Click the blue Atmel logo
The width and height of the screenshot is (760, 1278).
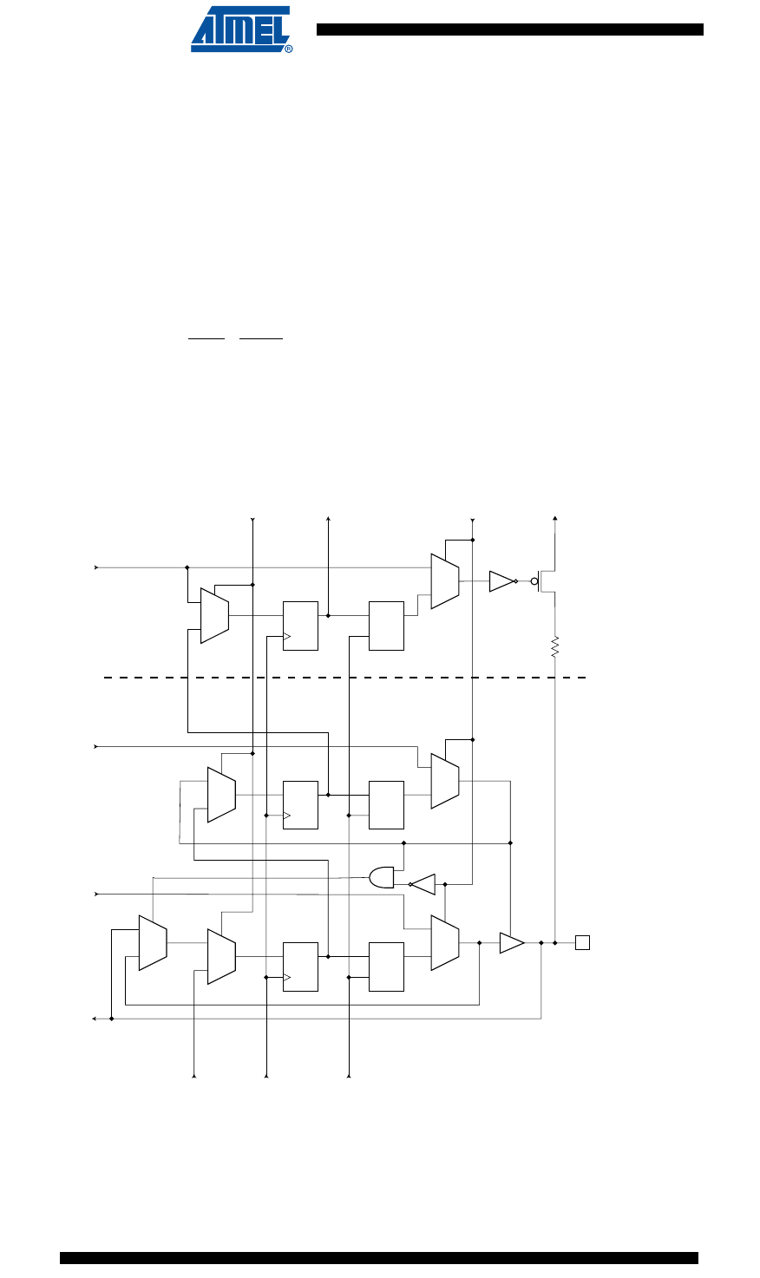(240, 29)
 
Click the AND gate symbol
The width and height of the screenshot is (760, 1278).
(382, 877)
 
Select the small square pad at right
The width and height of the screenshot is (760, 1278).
(582, 942)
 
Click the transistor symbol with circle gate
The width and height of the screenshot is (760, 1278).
(544, 581)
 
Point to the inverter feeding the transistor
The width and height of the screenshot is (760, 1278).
(501, 581)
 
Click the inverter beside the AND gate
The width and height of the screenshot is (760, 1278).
(423, 884)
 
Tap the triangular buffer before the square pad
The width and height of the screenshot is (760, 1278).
(511, 942)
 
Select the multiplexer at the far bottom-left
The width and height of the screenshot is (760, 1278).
(153, 942)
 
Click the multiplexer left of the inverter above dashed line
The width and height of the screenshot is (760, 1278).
(445, 580)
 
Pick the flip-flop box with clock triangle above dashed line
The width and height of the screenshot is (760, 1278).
(300, 625)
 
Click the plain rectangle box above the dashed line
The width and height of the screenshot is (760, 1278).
(386, 625)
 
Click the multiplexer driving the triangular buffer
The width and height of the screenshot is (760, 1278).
(445, 942)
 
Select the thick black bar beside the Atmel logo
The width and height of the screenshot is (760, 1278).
(509, 29)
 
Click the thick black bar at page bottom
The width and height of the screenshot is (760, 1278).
(379, 1257)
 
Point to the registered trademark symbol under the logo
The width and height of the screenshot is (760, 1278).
(289, 49)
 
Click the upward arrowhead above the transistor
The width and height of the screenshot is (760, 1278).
(555, 519)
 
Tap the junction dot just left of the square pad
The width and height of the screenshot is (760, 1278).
(555, 942)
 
